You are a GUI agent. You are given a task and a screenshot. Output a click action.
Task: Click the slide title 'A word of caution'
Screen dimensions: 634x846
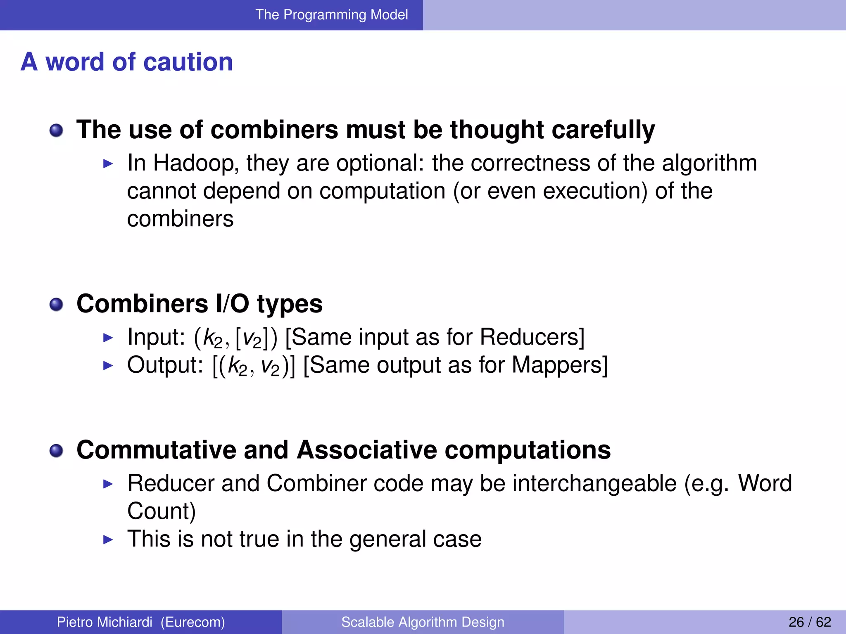coord(127,62)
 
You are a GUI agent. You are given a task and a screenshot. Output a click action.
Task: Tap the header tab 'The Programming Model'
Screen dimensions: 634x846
coord(331,15)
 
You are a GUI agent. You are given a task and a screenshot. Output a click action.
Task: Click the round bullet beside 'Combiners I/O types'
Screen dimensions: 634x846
coord(56,305)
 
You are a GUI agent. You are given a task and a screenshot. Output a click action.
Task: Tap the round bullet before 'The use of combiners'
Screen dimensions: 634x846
coord(56,131)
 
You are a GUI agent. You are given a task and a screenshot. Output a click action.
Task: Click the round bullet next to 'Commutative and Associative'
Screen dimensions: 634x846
coord(56,451)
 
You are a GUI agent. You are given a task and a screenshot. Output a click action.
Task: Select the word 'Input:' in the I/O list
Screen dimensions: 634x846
coord(156,337)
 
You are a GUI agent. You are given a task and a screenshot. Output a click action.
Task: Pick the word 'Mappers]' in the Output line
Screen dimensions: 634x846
coord(560,365)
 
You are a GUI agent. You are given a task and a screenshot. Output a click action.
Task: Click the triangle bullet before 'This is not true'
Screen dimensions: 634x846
coord(108,539)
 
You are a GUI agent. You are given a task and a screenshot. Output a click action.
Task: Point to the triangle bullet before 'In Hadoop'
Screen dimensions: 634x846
coord(108,164)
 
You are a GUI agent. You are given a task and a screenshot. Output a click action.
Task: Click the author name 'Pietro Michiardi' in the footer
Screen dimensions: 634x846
coord(105,622)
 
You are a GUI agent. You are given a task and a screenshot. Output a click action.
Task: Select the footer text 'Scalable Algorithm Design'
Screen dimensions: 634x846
coord(423,622)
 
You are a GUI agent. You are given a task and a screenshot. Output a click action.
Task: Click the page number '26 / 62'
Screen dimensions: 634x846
coord(810,622)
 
